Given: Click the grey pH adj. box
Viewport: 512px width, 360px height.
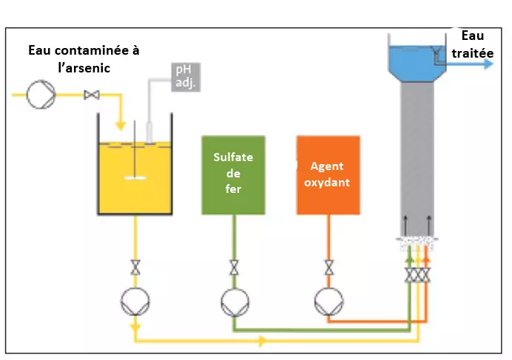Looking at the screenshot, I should [185, 77].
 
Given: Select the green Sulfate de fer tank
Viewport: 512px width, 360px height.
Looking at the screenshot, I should [233, 174].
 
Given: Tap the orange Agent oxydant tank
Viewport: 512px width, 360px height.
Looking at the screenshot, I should [328, 174].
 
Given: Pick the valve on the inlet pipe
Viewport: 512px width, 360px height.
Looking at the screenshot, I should [92, 95].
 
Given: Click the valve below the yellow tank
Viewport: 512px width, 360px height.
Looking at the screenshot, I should [135, 268].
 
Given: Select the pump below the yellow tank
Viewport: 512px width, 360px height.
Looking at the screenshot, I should [135, 301].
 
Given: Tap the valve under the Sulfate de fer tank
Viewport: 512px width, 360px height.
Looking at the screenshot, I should [234, 268].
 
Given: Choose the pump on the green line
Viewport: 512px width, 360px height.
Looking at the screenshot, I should [234, 301].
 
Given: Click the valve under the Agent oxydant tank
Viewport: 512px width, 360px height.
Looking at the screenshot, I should [328, 268].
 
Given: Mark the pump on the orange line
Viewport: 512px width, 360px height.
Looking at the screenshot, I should [328, 301].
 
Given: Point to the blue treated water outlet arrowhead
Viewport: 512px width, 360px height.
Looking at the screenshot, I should [488, 64].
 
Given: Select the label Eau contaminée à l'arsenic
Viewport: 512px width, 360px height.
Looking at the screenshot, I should [84, 58].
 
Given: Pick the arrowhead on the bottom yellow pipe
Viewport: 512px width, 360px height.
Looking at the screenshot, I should [262, 342].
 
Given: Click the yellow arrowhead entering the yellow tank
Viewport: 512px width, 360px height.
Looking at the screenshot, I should [121, 123].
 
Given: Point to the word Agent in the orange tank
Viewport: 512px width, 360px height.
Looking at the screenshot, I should [327, 166].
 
